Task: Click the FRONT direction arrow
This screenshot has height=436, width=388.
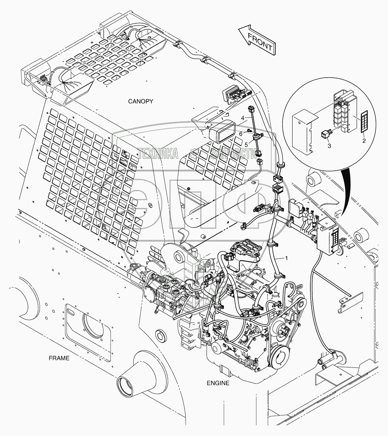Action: point(256,40)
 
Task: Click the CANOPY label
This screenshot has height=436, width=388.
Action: point(141,101)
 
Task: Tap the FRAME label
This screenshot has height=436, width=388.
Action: point(59,358)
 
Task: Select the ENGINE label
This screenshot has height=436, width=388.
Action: point(218,383)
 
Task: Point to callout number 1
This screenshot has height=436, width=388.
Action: point(286,258)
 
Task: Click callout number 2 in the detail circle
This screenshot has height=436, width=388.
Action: point(364,141)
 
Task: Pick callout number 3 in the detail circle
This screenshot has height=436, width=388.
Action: point(329,145)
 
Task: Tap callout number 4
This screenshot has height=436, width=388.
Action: point(242,117)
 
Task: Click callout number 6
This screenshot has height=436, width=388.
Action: point(241,133)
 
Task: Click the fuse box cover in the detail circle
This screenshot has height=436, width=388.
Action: point(303,133)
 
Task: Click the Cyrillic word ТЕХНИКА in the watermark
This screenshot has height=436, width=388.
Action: point(158,154)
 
